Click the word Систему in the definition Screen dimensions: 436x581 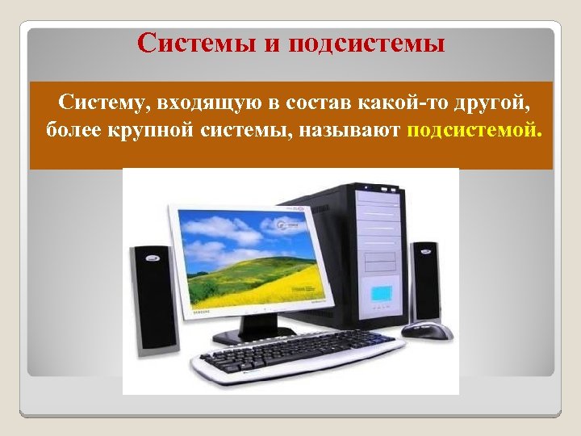click(102, 104)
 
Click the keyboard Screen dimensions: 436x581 click(290, 356)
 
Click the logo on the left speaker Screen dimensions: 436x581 click(151, 260)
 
